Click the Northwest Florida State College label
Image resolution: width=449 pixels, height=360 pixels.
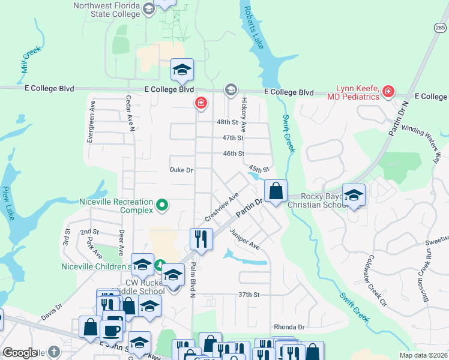click(106, 10)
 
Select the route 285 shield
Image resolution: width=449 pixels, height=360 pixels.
click(440, 28)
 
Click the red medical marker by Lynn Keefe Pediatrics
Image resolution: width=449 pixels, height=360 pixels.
click(388, 92)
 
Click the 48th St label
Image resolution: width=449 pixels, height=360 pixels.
click(228, 122)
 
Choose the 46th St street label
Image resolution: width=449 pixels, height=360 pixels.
click(233, 154)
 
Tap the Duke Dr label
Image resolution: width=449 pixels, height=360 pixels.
click(181, 170)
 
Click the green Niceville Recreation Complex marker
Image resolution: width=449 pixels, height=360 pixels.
click(161, 206)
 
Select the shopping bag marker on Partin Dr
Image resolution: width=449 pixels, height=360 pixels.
click(276, 191)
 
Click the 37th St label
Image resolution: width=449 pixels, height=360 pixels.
click(248, 295)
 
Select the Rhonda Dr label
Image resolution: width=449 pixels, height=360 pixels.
click(289, 327)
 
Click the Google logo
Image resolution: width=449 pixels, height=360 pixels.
click(20, 353)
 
